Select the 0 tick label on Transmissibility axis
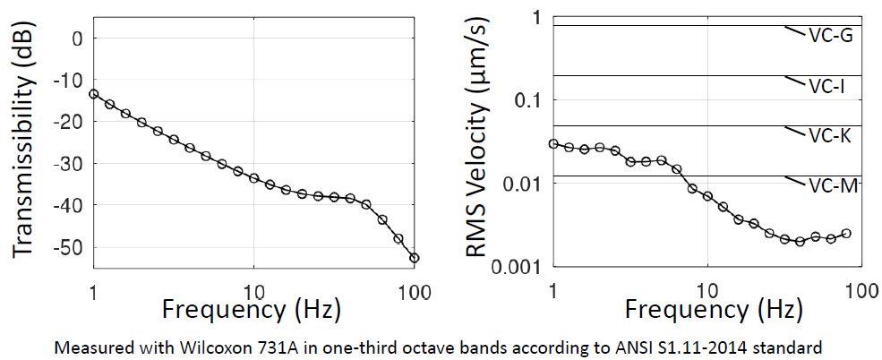click(x=77, y=39)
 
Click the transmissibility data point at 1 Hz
click(x=94, y=93)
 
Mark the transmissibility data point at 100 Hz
click(x=415, y=257)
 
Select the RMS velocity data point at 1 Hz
click(x=553, y=143)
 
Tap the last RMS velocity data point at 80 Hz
click(x=847, y=233)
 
